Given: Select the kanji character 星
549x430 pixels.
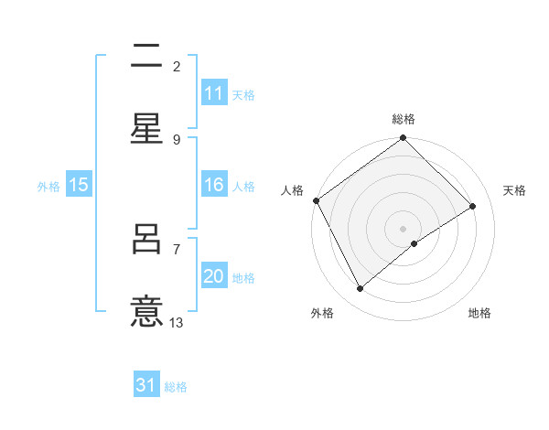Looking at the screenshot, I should click(147, 128).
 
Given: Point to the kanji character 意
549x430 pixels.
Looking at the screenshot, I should click(147, 309).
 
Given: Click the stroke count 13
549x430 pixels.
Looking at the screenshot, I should click(177, 322).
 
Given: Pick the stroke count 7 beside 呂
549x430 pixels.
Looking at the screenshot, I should click(177, 249).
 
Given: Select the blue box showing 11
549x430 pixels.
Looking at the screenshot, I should click(214, 93).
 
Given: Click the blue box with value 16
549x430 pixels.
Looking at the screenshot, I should click(214, 185).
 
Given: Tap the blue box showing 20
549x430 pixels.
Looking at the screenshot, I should click(214, 277).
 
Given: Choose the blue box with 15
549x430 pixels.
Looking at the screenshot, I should click(79, 185).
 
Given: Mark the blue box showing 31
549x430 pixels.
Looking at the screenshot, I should click(146, 385).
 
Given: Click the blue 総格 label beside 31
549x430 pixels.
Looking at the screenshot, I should click(176, 387).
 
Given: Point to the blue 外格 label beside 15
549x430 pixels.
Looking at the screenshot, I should click(48, 186).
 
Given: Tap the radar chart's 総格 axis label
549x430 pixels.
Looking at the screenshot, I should click(404, 119).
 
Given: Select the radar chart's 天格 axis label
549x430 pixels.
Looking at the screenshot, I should click(514, 190).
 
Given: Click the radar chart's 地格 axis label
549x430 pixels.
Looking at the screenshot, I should click(479, 314).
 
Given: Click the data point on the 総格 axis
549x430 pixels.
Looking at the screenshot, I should click(404, 139).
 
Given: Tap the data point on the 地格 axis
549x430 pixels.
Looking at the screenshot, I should click(414, 243).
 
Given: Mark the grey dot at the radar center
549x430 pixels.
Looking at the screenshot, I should click(404, 228).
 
